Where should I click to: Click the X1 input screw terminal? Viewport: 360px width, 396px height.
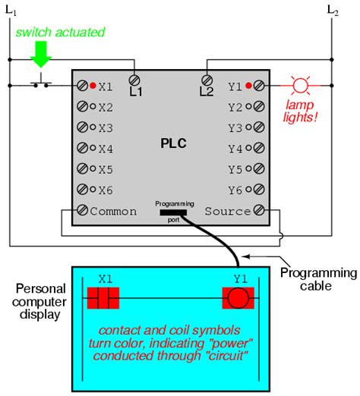coord(82,86)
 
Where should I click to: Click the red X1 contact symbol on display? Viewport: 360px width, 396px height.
coord(103,298)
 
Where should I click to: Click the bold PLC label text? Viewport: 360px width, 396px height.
coord(173,143)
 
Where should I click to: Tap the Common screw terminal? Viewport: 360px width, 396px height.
coord(82,210)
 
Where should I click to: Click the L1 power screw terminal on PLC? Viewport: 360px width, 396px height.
coord(135,79)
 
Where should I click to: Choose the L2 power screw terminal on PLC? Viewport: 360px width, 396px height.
coord(206,79)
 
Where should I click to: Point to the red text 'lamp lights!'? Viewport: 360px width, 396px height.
coord(302,111)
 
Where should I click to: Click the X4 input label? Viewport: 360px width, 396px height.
coord(105,148)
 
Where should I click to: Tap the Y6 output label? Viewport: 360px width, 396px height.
coord(237,190)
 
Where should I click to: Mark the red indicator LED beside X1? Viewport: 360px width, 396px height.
coord(93,86)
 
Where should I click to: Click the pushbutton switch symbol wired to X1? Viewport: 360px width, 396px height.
coord(41,83)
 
